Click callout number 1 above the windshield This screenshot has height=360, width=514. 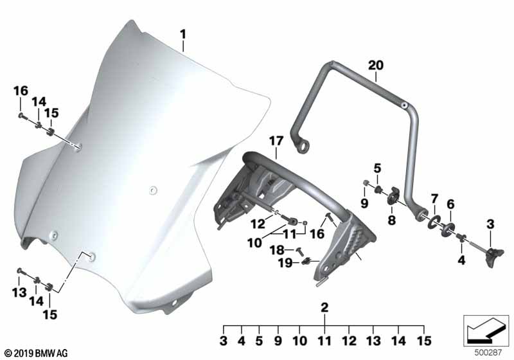tap(183, 35)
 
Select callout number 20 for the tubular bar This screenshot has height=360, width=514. tap(376, 65)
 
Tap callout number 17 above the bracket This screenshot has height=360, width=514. tap(276, 141)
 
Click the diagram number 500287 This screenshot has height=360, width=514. tap(488, 353)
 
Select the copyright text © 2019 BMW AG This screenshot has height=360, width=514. tap(37, 354)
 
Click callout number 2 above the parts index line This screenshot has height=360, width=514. tap(324, 307)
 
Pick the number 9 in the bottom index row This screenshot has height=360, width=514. tap(278, 341)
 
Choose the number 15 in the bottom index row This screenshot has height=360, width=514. tap(423, 341)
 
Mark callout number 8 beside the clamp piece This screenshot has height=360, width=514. tap(392, 221)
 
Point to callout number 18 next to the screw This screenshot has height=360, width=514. tap(277, 250)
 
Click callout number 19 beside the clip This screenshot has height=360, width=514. tap(285, 263)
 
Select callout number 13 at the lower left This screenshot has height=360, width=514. tap(19, 292)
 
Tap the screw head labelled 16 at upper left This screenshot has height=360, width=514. tap(21, 116)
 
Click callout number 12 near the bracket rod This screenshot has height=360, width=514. tap(258, 224)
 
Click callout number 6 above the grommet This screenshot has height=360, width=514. tap(451, 204)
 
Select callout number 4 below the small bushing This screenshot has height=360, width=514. tap(461, 260)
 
